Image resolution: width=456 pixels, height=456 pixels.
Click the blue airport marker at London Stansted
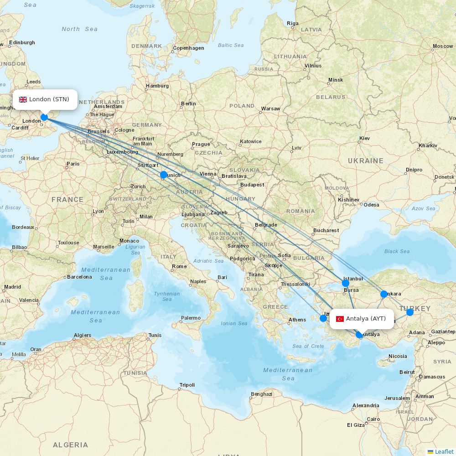click(44, 117)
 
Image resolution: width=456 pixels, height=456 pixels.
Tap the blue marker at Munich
click(164, 175)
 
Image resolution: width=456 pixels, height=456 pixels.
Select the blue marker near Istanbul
click(346, 283)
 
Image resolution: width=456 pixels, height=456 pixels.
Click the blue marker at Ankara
click(384, 294)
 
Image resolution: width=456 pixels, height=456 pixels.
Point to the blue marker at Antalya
click(359, 335)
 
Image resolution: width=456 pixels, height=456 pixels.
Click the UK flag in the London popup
click(23, 99)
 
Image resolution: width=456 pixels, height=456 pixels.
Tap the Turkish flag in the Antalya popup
click(340, 319)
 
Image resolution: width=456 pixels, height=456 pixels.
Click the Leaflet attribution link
click(444, 451)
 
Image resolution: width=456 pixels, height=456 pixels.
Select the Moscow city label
click(442, 46)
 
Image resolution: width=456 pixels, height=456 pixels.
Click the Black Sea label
click(397, 251)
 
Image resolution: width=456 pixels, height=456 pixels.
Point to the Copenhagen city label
click(188, 48)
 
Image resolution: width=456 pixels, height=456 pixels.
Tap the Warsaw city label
click(270, 109)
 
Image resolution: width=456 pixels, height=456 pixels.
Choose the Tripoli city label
click(187, 385)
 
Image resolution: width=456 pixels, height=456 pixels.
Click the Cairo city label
click(373, 419)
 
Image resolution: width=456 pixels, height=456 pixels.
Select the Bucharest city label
click(326, 230)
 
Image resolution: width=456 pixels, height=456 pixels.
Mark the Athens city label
click(297, 320)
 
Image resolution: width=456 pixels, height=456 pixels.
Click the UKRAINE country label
click(365, 161)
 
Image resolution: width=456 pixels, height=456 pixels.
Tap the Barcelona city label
click(79, 277)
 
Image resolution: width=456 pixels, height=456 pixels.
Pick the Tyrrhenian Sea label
click(167, 296)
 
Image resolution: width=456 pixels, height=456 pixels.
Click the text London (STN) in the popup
click(49, 99)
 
